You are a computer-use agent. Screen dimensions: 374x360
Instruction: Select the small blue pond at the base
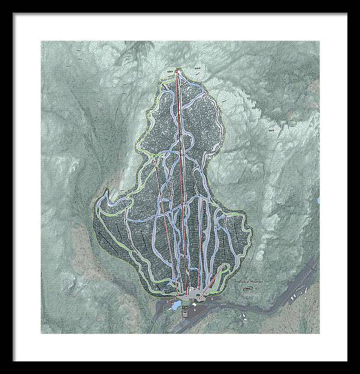point(176,306)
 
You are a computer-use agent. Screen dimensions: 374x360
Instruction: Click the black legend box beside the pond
point(186,309)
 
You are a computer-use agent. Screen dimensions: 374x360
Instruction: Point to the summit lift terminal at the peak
point(179,69)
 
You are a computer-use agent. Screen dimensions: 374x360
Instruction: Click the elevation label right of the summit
point(197,68)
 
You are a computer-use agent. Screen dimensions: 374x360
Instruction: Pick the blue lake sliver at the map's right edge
point(319,199)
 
